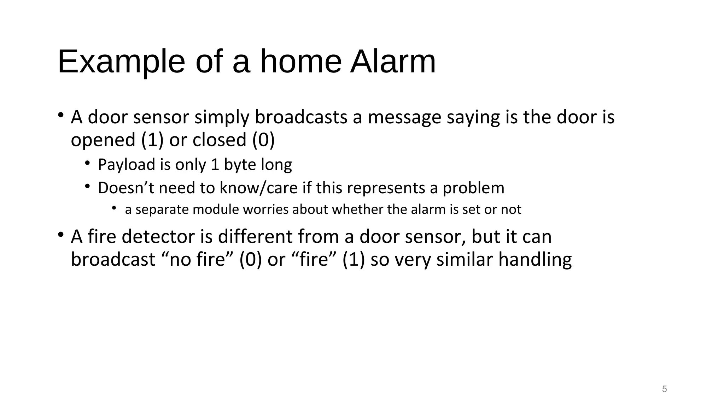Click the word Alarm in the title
(393, 62)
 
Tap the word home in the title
(301, 62)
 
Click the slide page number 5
(664, 389)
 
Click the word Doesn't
(126, 188)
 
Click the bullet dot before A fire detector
(61, 235)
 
